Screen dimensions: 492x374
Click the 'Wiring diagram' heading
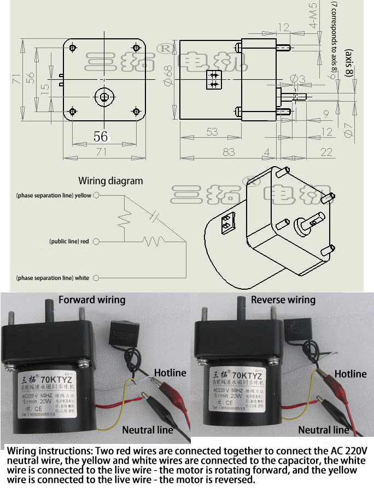110,181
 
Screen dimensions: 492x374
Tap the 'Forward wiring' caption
92,300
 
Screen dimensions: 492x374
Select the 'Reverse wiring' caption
283,300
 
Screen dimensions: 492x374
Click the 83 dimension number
229,152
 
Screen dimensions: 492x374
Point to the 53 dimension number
212,132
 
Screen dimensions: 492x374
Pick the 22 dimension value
326,152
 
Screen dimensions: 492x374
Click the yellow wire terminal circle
96,195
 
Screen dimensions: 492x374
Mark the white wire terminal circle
96,278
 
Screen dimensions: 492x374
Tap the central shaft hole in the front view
104,97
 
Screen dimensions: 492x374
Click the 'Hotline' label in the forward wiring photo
170,373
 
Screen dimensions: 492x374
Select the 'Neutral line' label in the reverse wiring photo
323,430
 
